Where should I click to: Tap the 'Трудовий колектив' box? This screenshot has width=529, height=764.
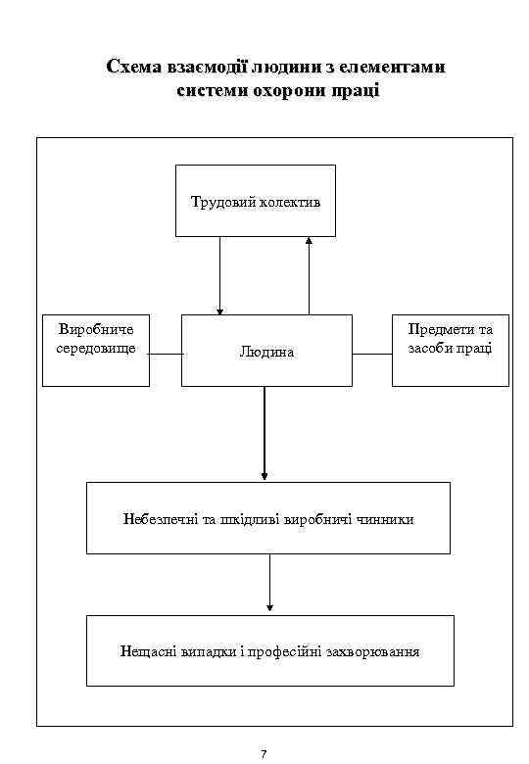tap(255, 201)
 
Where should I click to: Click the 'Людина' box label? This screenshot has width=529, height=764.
tap(266, 351)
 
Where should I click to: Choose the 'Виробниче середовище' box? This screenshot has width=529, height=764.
tap(96, 350)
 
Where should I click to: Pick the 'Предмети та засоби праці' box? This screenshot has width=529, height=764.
tap(450, 350)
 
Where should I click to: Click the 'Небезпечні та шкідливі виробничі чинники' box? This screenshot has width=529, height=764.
tap(268, 518)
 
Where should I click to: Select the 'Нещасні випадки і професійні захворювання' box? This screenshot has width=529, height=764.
tap(270, 650)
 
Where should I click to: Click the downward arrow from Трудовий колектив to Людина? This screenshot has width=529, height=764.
tap(220, 275)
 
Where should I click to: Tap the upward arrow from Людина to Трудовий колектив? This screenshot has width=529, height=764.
tap(310, 275)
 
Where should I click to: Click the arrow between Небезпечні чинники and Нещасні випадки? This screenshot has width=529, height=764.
tap(269, 585)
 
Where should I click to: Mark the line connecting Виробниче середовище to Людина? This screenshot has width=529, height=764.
tap(166, 355)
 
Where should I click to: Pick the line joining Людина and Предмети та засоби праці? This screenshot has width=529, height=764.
tap(372, 355)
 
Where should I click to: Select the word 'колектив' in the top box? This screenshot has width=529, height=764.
tap(291, 202)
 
